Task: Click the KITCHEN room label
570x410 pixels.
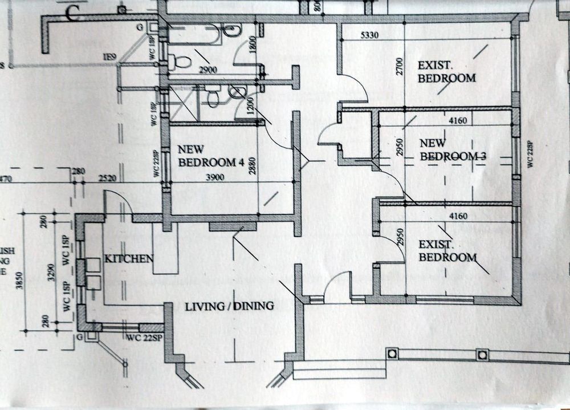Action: (128, 258)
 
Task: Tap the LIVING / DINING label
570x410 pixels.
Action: (229, 306)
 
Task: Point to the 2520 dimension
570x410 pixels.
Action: (107, 178)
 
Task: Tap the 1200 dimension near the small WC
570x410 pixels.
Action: (251, 106)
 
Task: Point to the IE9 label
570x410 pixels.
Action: (109, 56)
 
